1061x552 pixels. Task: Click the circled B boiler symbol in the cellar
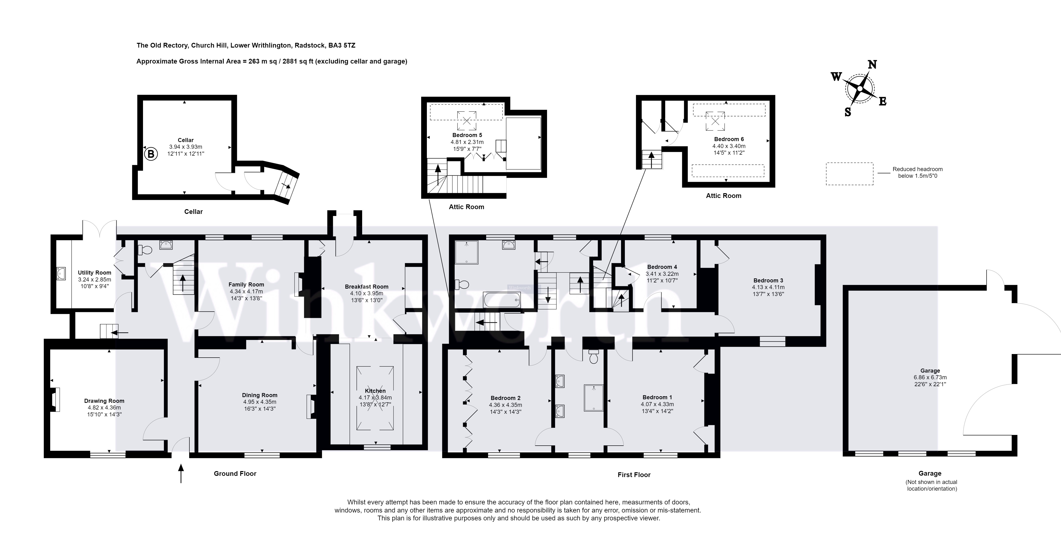(151, 154)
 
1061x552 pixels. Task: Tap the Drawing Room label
(104, 401)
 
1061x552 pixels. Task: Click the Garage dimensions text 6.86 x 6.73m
(930, 377)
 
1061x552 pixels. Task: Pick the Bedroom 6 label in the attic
(729, 139)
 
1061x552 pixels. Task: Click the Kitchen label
(375, 391)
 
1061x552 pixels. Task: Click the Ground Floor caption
(235, 474)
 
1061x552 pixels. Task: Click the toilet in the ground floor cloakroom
(145, 250)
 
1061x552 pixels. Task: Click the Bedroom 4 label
(662, 267)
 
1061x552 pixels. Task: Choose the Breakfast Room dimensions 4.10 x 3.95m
(367, 293)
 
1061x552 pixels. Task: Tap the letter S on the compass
(848, 112)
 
